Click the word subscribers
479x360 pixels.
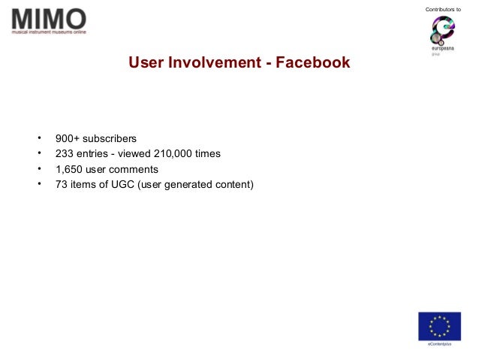[x=110, y=139]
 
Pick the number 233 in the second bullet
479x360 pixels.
[x=65, y=154]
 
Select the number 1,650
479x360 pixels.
[x=69, y=169]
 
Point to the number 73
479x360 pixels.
[x=62, y=184]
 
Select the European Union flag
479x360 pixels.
[x=440, y=325]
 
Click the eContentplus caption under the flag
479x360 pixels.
[x=440, y=344]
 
